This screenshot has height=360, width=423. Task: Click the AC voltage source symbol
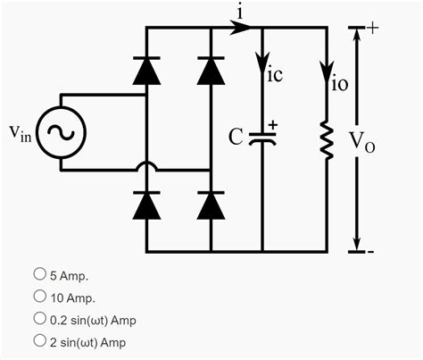tap(61, 133)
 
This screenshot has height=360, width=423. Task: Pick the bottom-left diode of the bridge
tap(146, 205)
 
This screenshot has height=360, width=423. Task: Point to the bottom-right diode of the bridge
tap(211, 205)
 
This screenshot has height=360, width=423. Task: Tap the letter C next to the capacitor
tap(235, 138)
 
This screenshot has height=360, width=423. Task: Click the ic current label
tap(275, 76)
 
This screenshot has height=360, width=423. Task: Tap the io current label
tap(339, 85)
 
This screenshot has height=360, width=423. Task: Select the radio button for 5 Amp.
tap(39, 274)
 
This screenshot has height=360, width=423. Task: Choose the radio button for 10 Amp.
tap(39, 297)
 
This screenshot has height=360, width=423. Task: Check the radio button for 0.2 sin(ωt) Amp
tap(39, 318)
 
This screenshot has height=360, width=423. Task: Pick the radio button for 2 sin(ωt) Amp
tap(39, 340)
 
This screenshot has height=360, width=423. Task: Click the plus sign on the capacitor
tap(273, 125)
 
